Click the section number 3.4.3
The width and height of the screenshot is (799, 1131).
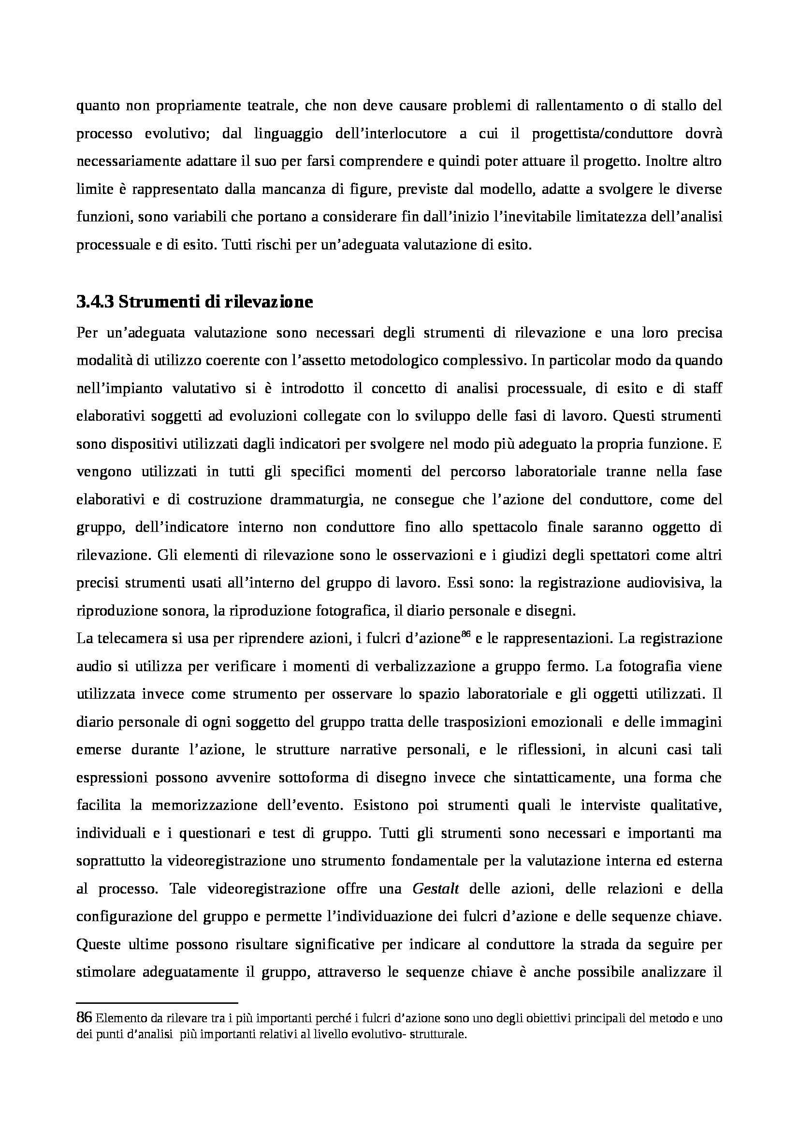point(95,302)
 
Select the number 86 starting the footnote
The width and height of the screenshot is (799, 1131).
point(83,1017)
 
